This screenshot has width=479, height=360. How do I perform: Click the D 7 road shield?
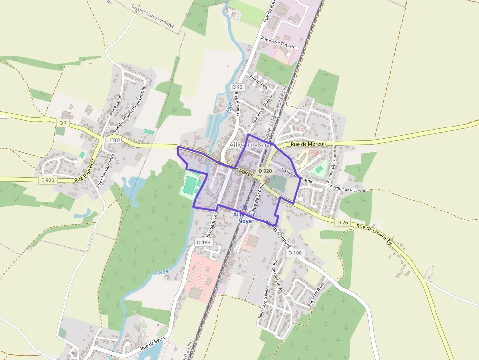pyautogui.click(x=63, y=123)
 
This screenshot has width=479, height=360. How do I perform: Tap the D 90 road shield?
pyautogui.click(x=237, y=87)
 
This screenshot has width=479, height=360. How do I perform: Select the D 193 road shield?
pyautogui.click(x=204, y=242)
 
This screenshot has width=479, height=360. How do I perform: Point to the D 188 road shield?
pyautogui.click(x=295, y=253)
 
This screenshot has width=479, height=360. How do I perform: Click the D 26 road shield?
pyautogui.click(x=342, y=222)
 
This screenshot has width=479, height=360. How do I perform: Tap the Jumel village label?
pyautogui.click(x=112, y=140)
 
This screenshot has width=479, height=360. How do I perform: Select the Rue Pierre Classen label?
pyautogui.click(x=278, y=42)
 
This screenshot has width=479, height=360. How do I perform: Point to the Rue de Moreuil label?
pyautogui.click(x=308, y=144)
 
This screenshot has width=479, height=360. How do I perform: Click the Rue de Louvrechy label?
pyautogui.click(x=374, y=235)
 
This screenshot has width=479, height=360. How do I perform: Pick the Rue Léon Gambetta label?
pyautogui.click(x=106, y=171)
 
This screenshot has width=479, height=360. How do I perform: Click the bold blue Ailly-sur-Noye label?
pyautogui.click(x=245, y=218)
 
